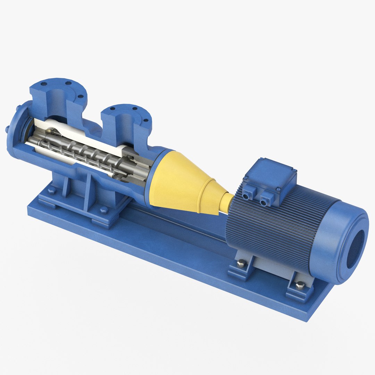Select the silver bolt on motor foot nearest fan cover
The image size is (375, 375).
click(x=300, y=285)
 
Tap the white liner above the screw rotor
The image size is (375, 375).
click(x=80, y=130)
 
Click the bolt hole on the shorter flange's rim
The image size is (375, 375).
click(x=135, y=108)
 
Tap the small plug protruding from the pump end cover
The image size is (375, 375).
click(x=7, y=129)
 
